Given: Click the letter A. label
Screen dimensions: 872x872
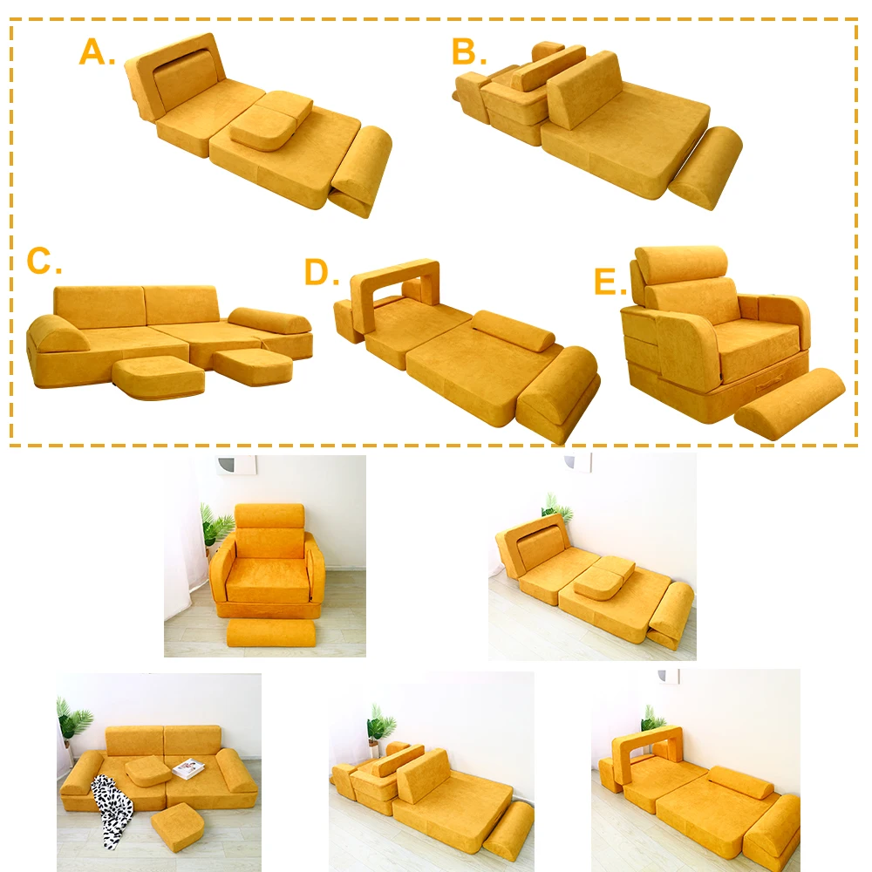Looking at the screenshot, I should point(96,52).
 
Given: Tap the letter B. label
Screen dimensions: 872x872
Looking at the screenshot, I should point(469,52).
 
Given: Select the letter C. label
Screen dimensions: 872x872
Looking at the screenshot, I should point(44,262).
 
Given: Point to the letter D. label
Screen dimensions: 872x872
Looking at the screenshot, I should point(321,273).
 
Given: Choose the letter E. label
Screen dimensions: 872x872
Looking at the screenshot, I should point(610,283).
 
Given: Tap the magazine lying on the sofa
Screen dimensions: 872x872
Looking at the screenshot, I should point(188,768).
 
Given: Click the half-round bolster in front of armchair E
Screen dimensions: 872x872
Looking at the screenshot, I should point(789,397).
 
